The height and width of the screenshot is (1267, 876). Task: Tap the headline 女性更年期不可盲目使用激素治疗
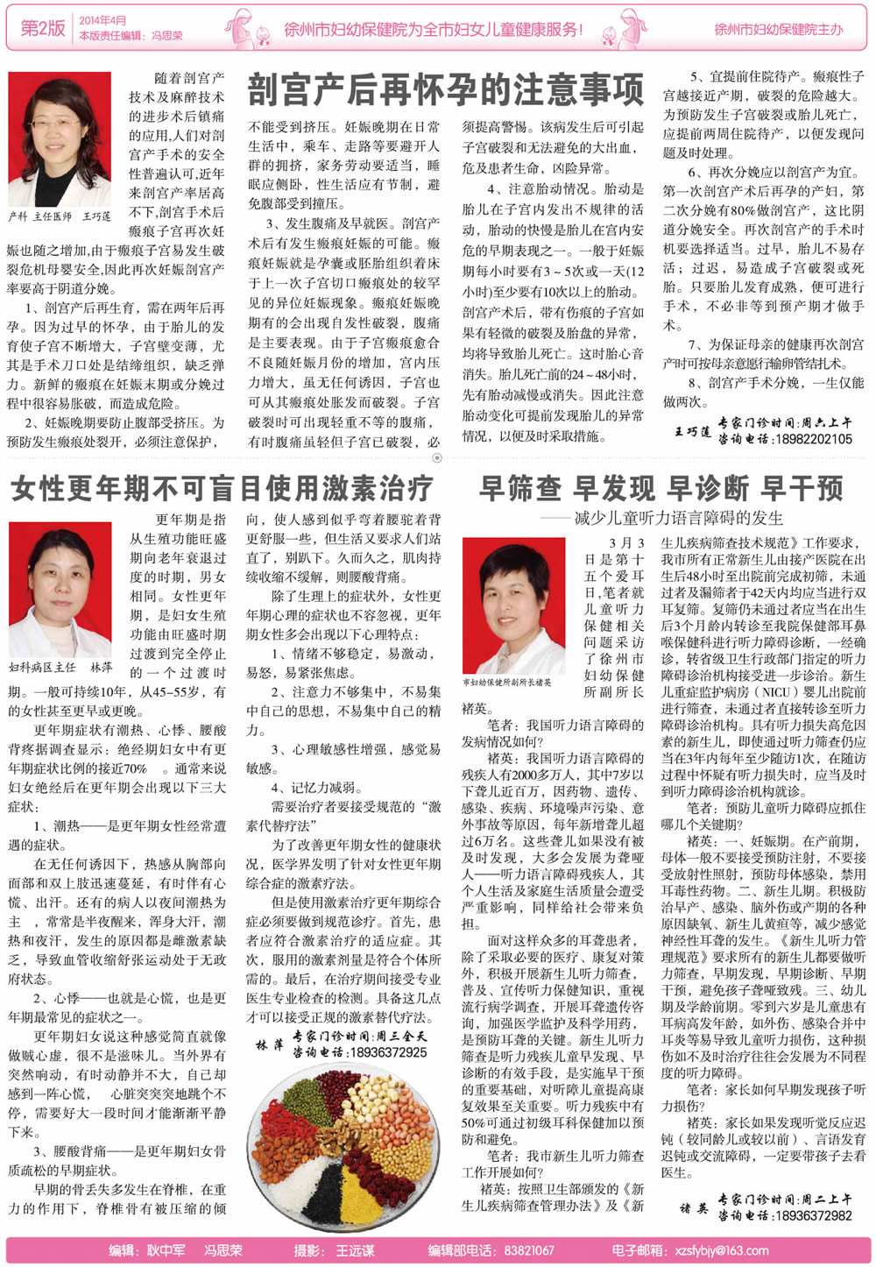(x=223, y=488)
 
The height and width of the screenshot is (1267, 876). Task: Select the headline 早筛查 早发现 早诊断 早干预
(x=661, y=488)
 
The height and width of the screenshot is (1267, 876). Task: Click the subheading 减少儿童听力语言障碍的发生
(x=678, y=518)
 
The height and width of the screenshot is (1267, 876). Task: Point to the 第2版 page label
(x=43, y=28)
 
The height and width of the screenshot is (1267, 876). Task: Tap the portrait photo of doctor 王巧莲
(x=60, y=139)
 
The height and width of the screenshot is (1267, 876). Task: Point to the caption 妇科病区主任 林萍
(x=60, y=668)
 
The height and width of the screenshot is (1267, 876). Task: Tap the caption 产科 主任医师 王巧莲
(x=60, y=216)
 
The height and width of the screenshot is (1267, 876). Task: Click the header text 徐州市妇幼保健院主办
(x=778, y=29)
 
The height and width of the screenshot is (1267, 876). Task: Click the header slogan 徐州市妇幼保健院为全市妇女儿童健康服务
(x=434, y=29)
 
